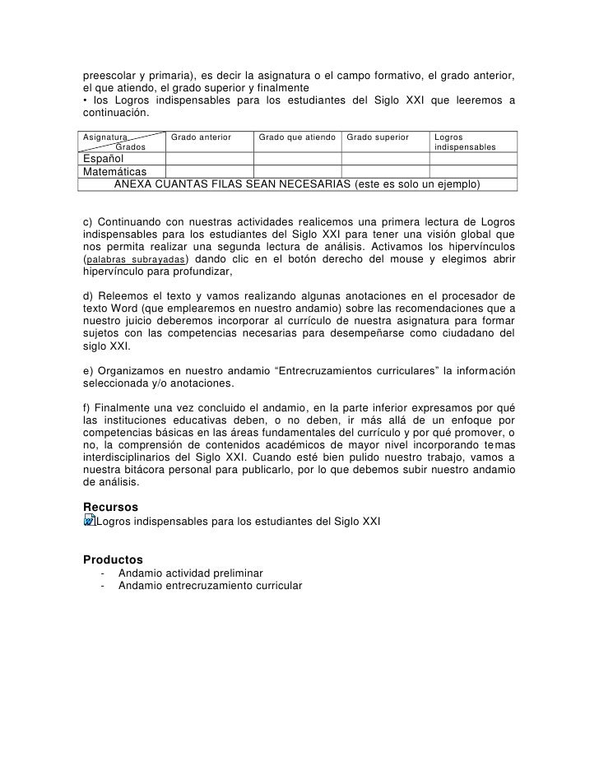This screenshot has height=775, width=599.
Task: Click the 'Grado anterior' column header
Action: click(201, 136)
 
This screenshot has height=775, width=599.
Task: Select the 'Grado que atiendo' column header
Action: click(297, 136)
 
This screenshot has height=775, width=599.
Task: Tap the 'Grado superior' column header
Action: click(378, 136)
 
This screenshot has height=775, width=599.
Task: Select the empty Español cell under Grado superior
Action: click(385, 158)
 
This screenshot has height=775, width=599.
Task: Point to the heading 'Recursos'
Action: click(111, 506)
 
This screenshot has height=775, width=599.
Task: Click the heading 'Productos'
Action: click(114, 559)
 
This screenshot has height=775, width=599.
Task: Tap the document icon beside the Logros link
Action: click(90, 521)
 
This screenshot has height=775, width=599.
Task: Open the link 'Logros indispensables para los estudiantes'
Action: click(239, 522)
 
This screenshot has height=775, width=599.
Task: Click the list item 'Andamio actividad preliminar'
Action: click(191, 573)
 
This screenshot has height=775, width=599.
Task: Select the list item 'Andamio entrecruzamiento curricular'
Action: click(210, 587)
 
